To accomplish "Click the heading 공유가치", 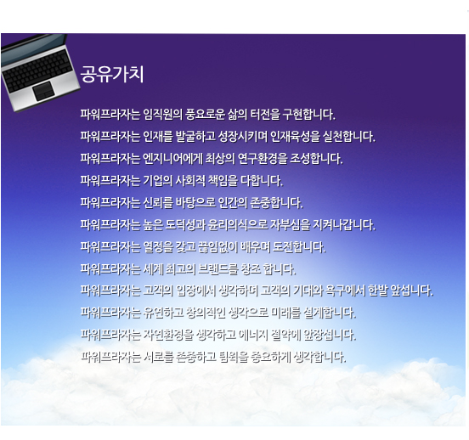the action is (x=112, y=74).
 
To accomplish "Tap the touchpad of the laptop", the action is (x=43, y=91).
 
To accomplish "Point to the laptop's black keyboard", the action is (x=38, y=69).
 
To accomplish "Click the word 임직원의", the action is (x=162, y=115).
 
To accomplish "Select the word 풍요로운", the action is (x=205, y=115).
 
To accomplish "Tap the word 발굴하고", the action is (x=195, y=137).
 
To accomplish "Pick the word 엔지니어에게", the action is (x=172, y=159).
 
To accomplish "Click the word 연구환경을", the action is (x=263, y=159).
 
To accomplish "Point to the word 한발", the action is (x=378, y=291).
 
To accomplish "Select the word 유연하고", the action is (x=163, y=313).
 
